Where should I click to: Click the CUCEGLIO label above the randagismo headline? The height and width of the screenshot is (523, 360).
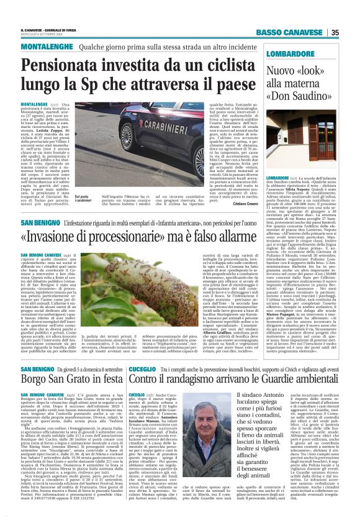[x=142, y=367]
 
